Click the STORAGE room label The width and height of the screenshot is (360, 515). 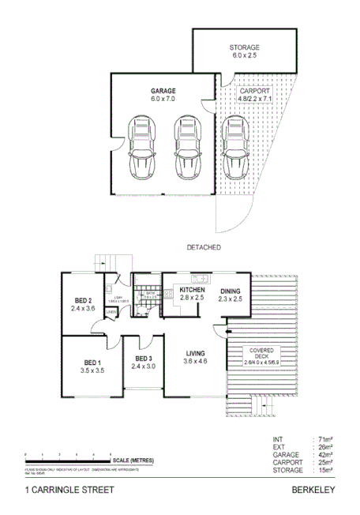[244, 47]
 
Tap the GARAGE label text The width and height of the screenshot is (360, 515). [163, 91]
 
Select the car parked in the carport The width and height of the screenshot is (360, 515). [235, 150]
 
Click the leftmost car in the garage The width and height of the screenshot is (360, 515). [142, 150]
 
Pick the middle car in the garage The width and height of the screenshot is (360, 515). [186, 150]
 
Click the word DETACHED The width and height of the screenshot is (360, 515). [203, 247]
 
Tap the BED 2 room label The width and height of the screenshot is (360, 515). [84, 300]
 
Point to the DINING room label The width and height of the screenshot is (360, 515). [230, 291]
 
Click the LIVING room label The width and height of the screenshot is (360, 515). [194, 353]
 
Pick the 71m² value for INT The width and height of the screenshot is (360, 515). [324, 438]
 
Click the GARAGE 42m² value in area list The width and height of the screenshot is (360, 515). [324, 454]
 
